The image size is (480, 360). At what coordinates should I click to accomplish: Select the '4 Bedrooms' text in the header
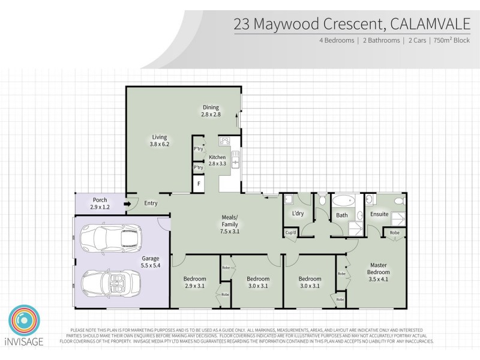337,41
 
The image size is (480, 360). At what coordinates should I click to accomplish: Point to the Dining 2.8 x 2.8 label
211,111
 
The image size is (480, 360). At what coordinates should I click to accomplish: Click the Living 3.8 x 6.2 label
159,140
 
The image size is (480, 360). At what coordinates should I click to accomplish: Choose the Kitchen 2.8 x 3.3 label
217,160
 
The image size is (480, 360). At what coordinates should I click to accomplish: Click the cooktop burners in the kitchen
226,142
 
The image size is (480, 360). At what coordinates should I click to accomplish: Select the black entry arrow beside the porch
127,203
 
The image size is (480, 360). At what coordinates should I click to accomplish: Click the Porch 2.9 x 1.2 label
100,203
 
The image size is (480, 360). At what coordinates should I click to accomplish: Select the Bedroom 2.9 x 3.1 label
194,282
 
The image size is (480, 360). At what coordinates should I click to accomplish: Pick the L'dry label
296,214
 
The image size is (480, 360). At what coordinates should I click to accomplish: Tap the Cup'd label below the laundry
290,232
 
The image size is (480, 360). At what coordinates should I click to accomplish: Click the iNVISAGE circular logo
25,321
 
